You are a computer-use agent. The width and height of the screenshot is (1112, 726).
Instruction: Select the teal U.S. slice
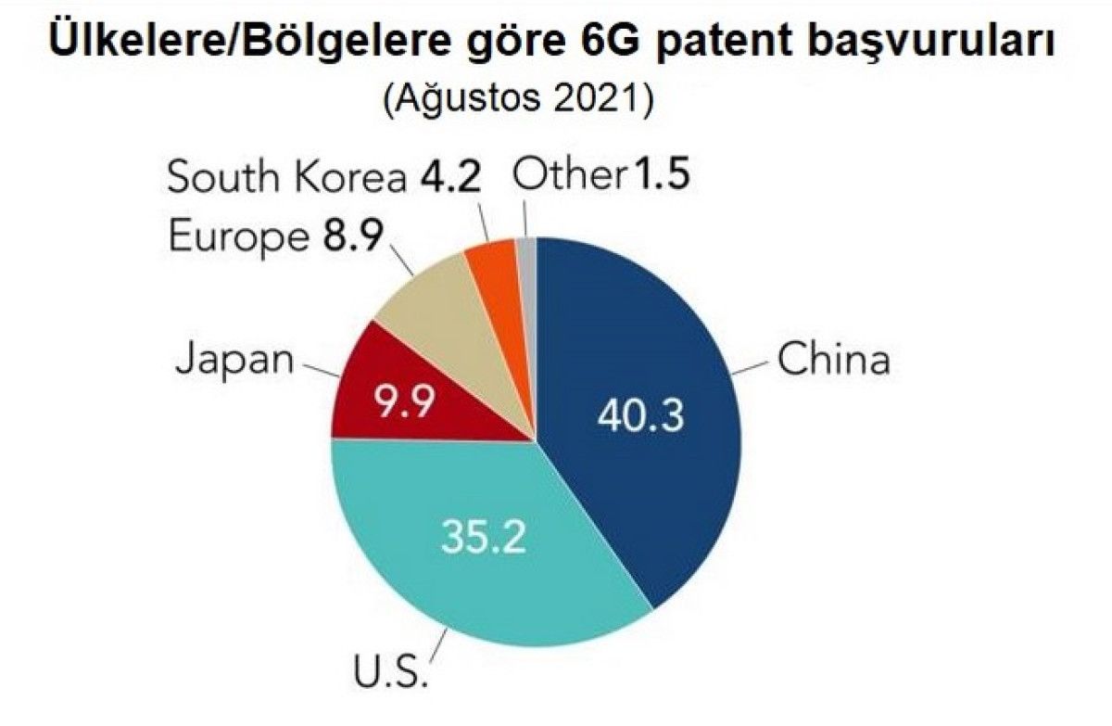[463, 575]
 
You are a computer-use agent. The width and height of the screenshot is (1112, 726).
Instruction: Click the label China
[833, 360]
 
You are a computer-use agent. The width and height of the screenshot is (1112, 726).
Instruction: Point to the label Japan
[234, 359]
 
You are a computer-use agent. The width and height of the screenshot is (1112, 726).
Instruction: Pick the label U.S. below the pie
[390, 669]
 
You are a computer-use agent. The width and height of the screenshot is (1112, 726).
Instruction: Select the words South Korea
[285, 177]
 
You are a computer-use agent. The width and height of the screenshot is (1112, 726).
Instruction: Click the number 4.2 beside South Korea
[448, 177]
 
